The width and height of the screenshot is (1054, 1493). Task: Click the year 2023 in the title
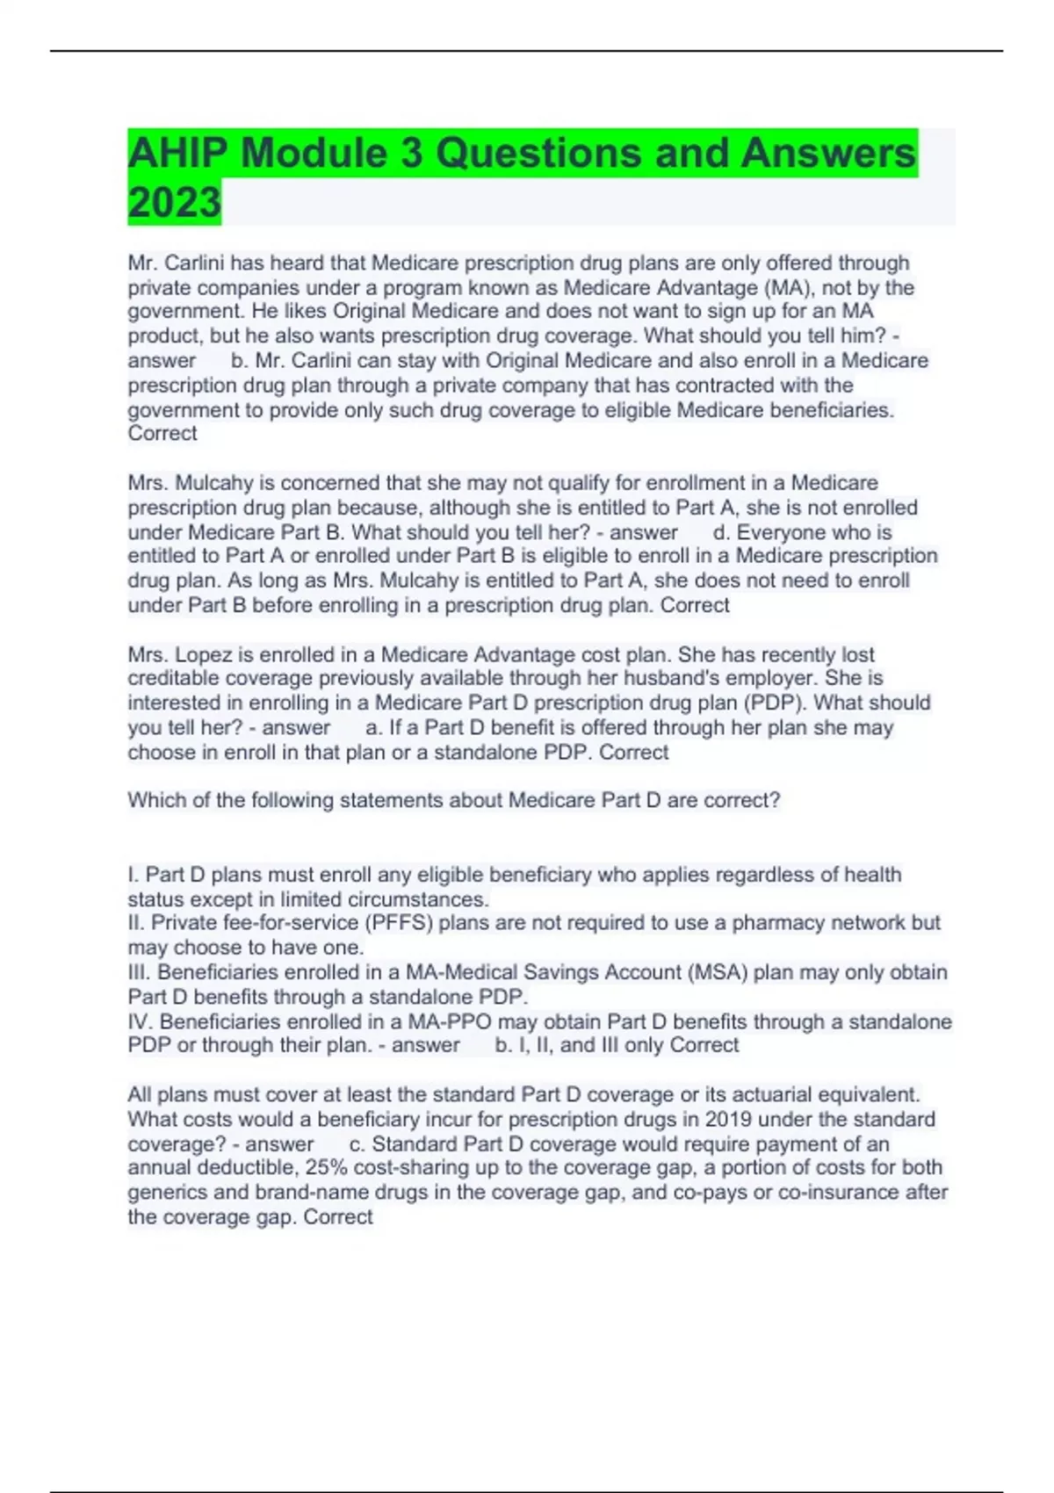pyautogui.click(x=174, y=202)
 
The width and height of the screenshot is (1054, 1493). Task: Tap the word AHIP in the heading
pyautogui.click(x=178, y=153)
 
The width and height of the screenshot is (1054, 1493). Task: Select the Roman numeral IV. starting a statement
pyautogui.click(x=141, y=1021)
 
